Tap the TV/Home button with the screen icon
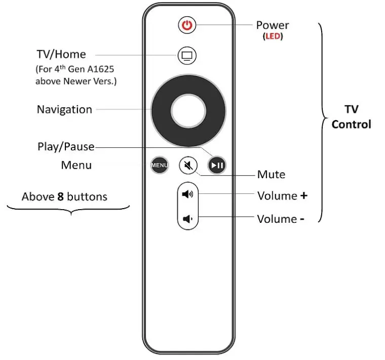(187, 55)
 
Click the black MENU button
(159, 165)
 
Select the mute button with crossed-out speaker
(188, 165)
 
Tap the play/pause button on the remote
(217, 165)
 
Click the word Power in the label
(273, 25)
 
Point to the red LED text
(273, 37)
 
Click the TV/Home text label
(61, 54)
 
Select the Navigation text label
(64, 109)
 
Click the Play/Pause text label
(66, 147)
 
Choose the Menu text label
(76, 165)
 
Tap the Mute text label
(271, 175)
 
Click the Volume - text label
(281, 219)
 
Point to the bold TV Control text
(351, 117)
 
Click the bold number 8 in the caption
(60, 196)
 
